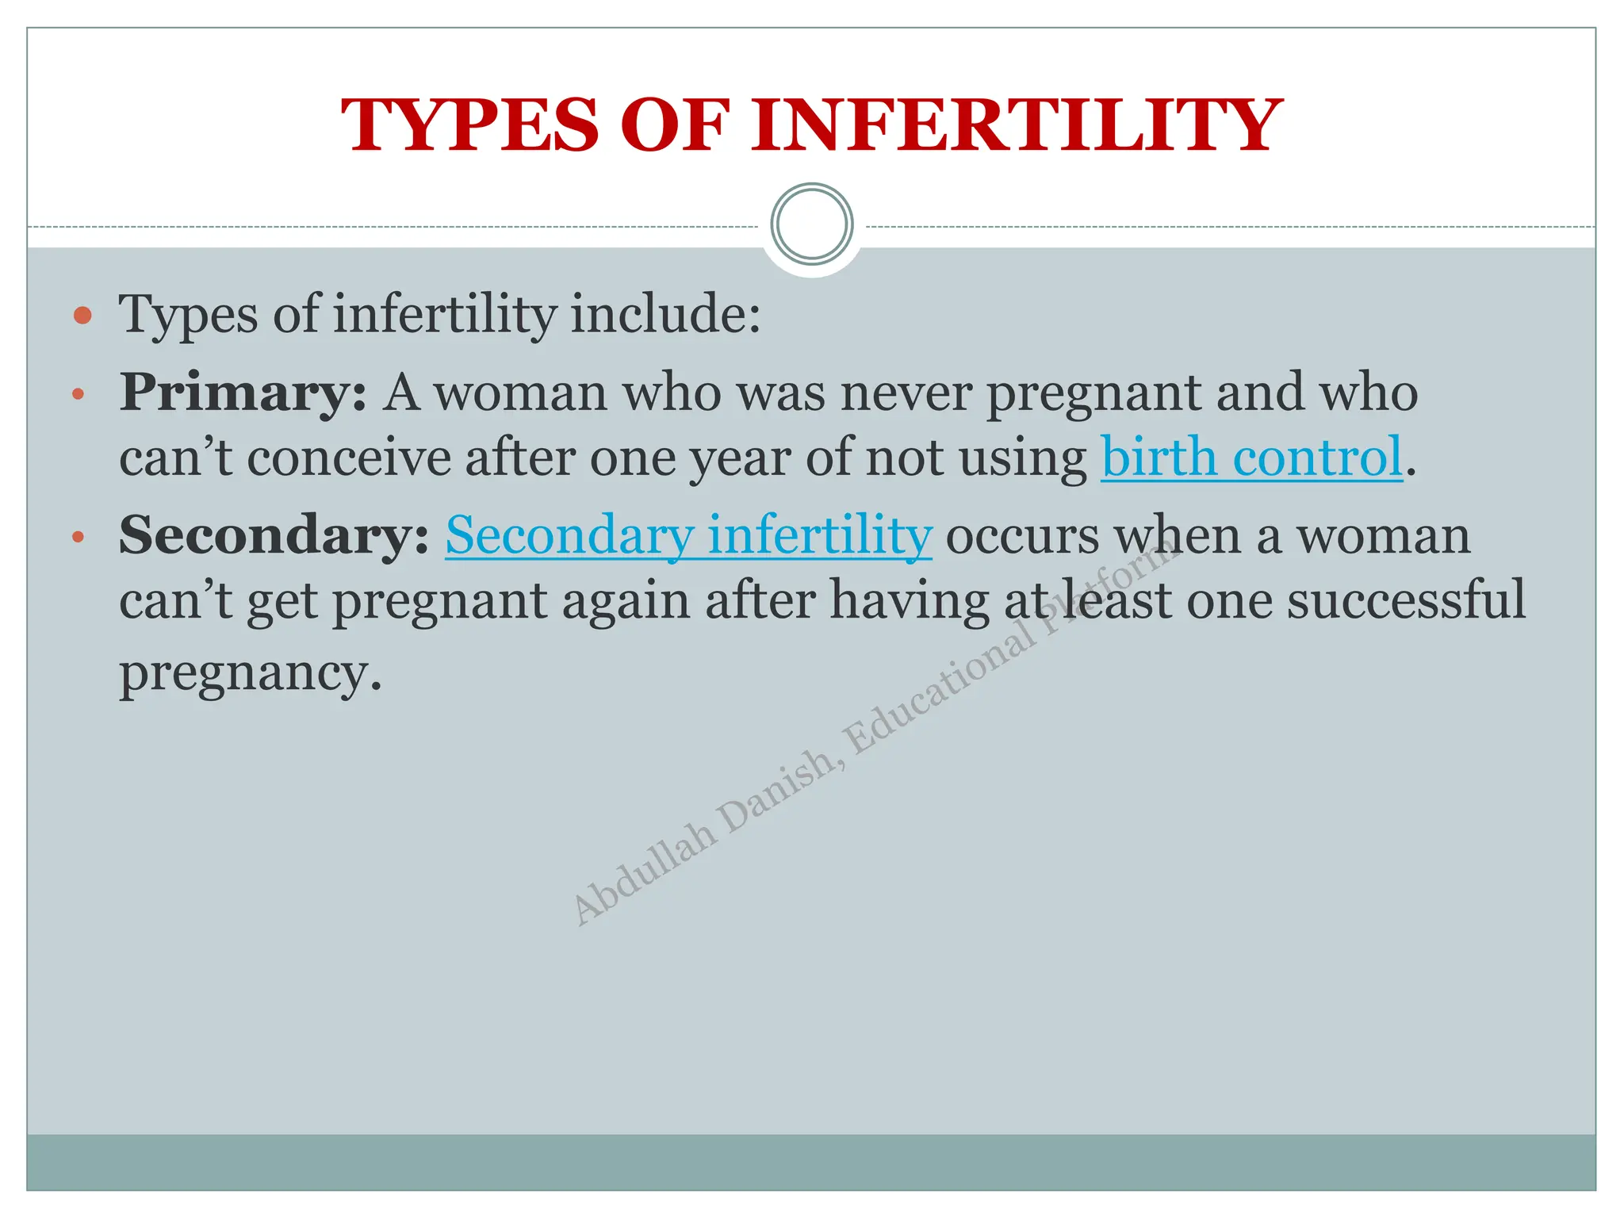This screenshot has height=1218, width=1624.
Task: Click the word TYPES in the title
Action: [470, 125]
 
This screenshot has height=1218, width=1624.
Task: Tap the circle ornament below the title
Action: [812, 224]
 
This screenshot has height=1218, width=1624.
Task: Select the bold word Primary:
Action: [243, 393]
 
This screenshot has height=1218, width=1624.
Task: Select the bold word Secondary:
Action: [274, 535]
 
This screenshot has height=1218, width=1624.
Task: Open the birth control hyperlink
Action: [1252, 458]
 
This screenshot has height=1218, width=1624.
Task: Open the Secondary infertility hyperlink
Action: [688, 535]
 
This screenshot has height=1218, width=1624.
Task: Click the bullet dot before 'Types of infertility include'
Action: [82, 316]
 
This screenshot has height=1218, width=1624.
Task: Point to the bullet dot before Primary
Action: [78, 393]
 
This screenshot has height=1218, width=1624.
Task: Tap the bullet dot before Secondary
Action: [78, 537]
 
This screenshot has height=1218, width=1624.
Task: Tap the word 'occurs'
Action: [1022, 536]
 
